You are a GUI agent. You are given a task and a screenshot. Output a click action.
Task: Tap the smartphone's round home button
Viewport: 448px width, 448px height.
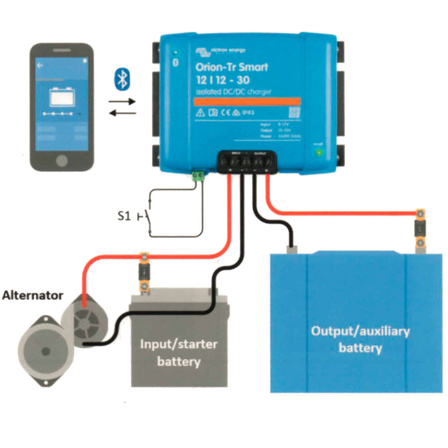pos(62,160)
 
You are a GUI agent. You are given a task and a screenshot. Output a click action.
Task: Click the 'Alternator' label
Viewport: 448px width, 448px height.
pos(32,295)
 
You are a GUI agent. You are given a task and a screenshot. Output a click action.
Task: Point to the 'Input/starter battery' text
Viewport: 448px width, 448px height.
pos(178,353)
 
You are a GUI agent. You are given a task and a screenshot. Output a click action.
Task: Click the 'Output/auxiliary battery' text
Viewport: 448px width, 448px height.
pos(360,339)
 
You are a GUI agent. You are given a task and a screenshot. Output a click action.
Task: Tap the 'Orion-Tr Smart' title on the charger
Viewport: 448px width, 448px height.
pos(231,67)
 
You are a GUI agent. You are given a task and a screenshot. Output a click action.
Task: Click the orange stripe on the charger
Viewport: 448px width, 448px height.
pos(247,101)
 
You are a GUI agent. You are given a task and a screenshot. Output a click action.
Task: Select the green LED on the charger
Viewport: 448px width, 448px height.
pos(319,153)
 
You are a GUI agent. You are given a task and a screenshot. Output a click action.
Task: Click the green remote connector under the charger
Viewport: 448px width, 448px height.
pos(199,177)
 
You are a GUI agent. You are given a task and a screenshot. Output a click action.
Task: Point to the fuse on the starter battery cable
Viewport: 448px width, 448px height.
pos(144,272)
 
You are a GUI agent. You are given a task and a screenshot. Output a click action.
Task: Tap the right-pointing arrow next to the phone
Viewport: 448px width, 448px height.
pos(122,101)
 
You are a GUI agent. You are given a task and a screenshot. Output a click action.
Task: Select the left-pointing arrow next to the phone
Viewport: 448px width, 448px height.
pos(122,113)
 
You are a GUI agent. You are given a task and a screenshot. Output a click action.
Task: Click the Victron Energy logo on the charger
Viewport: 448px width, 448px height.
pos(220,52)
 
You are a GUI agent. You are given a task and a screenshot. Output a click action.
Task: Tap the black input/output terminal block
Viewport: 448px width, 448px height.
pos(248,161)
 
